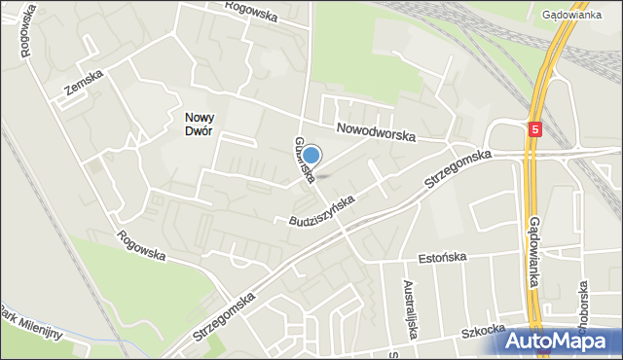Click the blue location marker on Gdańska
pos(311,155)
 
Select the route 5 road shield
pos(535,128)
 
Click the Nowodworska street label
pos(376,130)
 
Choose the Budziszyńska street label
pos(321,211)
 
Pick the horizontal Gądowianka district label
pos(573,16)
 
